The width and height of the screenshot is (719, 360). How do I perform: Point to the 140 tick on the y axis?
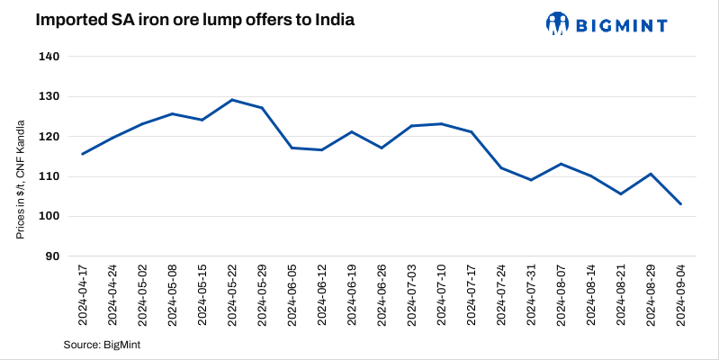(x=49, y=57)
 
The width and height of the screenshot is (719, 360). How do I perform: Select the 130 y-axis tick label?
(x=49, y=96)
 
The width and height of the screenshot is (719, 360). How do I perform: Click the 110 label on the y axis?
(x=49, y=176)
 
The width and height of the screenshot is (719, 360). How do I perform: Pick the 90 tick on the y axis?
(x=52, y=256)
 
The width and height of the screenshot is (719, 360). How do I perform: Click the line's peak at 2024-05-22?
(x=232, y=100)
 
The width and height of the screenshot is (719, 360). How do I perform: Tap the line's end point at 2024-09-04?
(x=681, y=204)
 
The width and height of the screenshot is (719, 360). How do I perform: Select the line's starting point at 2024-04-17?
(x=83, y=154)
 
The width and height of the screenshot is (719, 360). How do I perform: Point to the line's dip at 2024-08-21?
(x=621, y=193)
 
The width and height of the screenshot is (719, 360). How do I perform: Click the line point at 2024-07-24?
(x=501, y=168)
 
